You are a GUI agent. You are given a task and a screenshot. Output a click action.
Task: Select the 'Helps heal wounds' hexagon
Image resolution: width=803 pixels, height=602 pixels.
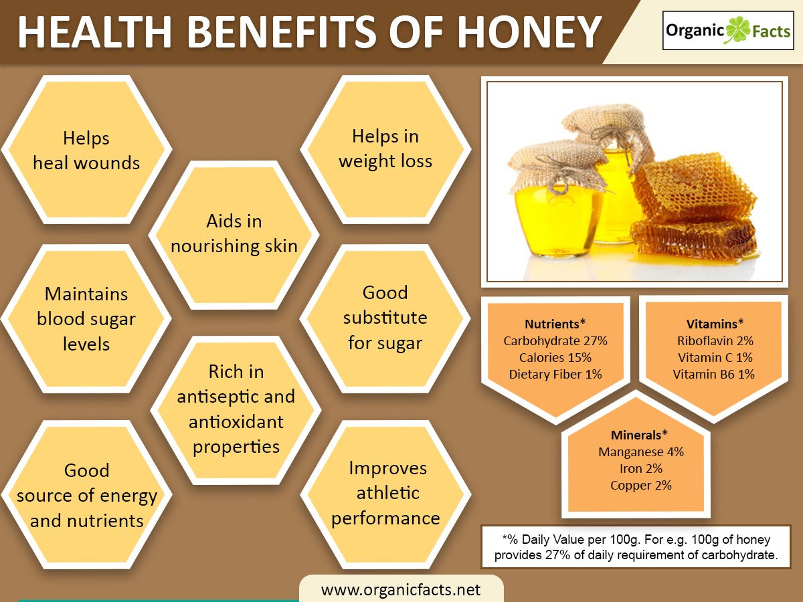click(x=86, y=150)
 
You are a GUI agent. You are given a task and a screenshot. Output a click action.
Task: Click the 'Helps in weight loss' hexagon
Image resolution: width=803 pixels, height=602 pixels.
click(x=385, y=148)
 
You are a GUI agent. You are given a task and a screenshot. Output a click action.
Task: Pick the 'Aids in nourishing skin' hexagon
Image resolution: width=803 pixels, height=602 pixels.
click(x=234, y=234)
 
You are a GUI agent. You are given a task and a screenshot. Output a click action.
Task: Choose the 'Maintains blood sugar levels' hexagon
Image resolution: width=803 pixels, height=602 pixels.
click(x=86, y=319)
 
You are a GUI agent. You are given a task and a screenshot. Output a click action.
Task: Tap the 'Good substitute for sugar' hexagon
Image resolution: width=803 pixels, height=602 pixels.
click(x=385, y=318)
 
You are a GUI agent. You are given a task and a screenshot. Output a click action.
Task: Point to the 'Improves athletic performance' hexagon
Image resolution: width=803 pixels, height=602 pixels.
click(x=385, y=493)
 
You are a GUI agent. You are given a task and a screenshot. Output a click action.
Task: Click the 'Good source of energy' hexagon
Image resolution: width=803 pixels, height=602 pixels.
click(x=86, y=496)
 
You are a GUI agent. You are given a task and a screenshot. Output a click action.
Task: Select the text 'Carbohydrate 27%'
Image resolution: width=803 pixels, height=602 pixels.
click(x=555, y=340)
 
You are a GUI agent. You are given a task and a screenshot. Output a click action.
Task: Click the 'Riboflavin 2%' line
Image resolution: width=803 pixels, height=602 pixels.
click(x=715, y=340)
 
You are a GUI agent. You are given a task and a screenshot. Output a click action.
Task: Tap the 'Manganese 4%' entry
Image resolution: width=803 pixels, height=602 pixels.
click(x=641, y=451)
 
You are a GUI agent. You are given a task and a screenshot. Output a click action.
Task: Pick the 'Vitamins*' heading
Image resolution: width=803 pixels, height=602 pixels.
click(x=715, y=324)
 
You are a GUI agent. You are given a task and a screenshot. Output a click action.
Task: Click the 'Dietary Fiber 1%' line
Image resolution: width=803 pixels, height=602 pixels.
click(x=555, y=374)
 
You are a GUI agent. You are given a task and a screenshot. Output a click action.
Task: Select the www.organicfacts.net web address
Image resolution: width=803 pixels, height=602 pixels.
click(x=401, y=589)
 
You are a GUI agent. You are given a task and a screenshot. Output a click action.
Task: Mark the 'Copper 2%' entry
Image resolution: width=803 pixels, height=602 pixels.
click(x=641, y=485)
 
